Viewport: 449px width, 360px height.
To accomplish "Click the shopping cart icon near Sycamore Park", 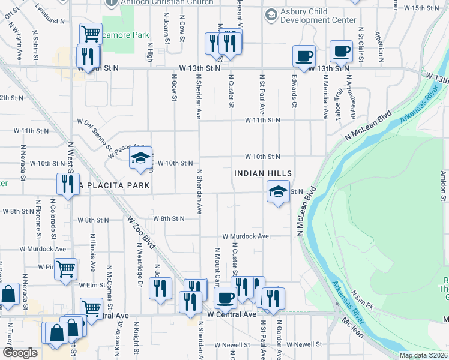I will pos(91,34).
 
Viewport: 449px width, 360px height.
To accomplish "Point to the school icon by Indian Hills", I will pos(278,192).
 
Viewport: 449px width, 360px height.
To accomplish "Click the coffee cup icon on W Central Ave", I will pos(226,298).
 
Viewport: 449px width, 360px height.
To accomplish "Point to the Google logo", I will pos(20,353).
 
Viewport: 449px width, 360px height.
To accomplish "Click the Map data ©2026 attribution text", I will pos(423,355).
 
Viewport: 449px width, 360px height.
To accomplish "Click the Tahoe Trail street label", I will pos(339,94).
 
